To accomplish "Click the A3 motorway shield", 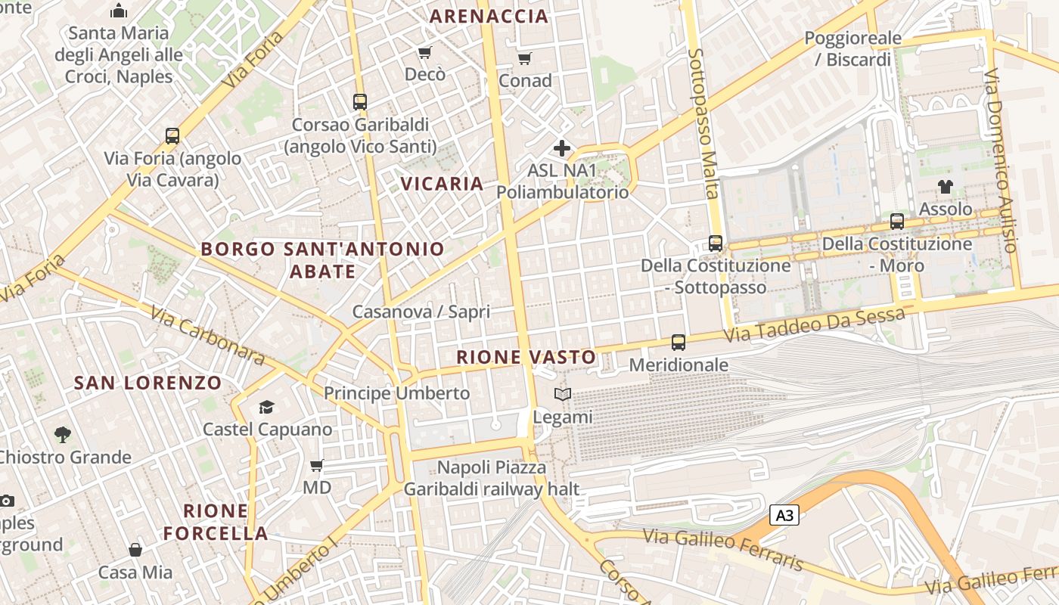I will coord(784,516).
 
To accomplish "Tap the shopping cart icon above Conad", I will coord(525,58).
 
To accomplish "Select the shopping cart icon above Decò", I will coord(425,52).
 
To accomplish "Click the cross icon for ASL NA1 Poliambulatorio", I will coord(561,148).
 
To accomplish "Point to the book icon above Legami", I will coord(562,394).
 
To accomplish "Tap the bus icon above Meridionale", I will coord(679,343).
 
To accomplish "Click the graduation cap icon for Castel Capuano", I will coord(266,408).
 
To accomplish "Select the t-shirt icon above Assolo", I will coord(945,186).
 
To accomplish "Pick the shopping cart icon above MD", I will coord(317,465).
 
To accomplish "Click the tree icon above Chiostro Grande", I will coord(63,435).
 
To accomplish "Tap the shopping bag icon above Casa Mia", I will coord(135,550).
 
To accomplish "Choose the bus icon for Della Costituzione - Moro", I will coord(897,222).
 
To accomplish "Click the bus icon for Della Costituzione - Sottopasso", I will coord(716,244).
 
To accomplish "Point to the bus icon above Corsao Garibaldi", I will coord(360,101).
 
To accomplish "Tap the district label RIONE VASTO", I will coord(526,357).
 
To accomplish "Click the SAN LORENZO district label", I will coord(148,383).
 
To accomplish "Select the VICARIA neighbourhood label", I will coord(442,183).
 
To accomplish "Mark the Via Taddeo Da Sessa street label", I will coord(813,324).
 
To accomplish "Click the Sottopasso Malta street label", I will coord(703,123).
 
